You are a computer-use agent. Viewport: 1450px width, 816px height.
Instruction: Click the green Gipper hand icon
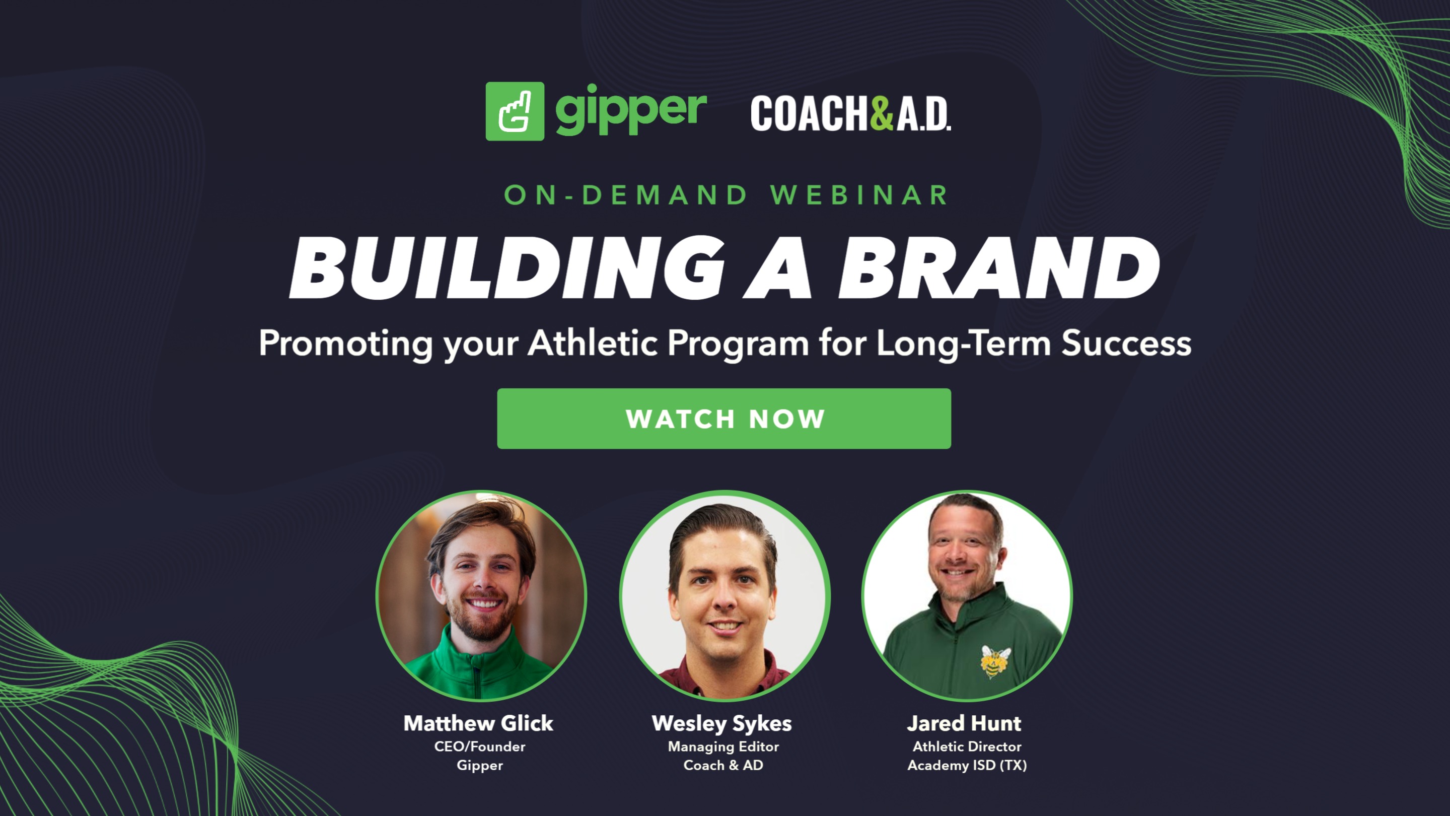(515, 111)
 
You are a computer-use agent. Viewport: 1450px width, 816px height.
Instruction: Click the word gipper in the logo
(630, 110)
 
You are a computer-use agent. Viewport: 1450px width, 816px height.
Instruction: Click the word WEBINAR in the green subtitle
(859, 195)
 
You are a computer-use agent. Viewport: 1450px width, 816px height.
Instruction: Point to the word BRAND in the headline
(999, 267)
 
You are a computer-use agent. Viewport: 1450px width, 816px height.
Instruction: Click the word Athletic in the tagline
(593, 343)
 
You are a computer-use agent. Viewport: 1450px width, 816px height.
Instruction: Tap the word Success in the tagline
(1126, 343)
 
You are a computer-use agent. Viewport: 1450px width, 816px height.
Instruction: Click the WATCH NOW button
(724, 419)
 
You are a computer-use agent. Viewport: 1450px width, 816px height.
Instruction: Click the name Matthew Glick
(478, 723)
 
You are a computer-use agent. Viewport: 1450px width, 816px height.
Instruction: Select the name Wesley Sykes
(721, 724)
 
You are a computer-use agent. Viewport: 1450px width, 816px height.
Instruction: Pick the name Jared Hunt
(964, 723)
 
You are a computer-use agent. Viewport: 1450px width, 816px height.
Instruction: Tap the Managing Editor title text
(723, 746)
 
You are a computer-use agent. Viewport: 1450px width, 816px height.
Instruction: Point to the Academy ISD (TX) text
(967, 765)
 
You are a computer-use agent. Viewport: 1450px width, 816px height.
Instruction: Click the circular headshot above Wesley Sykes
(724, 596)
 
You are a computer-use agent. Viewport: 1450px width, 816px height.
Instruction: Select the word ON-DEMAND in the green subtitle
(625, 195)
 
